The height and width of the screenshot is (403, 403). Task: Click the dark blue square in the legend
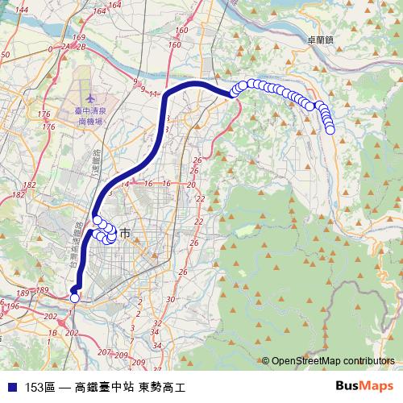11,387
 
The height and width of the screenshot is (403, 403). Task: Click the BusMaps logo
364,386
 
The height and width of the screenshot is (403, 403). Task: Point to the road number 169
78,38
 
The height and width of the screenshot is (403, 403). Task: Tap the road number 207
102,352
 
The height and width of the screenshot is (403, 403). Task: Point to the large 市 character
125,234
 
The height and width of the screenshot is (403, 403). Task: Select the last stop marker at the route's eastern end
330,129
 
